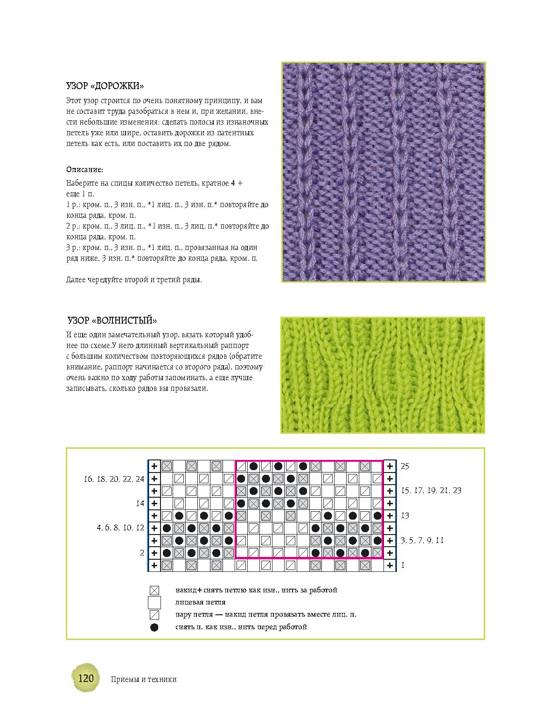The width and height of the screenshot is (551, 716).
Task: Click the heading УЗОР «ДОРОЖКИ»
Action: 105,86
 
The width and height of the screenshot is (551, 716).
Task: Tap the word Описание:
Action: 84,169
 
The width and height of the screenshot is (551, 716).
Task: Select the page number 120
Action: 86,678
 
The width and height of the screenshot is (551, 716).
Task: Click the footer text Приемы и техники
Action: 144,679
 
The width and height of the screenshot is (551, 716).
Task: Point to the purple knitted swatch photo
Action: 384,172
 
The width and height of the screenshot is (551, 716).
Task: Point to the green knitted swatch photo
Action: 383,375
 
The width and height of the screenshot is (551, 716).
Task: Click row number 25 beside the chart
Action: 405,466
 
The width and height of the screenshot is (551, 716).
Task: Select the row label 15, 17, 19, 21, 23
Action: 431,490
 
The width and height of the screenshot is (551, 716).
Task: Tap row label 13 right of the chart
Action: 405,515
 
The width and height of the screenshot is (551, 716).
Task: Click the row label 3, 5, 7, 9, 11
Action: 422,540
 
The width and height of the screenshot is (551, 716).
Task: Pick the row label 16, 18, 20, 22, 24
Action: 114,479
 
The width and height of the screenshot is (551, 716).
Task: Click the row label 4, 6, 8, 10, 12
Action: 120,528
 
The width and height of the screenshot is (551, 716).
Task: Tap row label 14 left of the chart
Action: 140,503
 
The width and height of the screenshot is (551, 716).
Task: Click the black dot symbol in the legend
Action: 154,627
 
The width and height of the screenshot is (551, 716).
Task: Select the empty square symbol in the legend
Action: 154,603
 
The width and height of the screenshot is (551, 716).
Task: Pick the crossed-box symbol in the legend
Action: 154,591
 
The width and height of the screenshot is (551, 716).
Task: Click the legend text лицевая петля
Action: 201,602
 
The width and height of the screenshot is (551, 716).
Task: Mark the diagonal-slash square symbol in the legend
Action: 154,615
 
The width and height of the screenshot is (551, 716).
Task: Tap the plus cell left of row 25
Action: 154,466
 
